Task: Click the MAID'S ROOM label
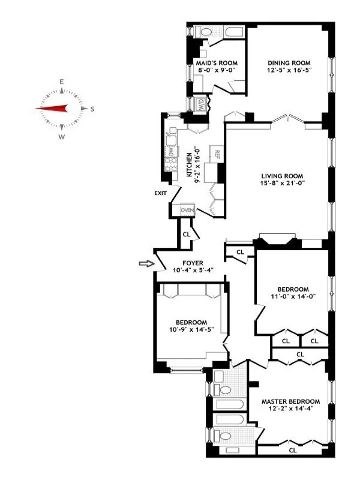[217, 63]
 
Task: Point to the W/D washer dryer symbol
[200, 104]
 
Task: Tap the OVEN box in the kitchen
[187, 211]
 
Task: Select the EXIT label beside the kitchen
[160, 193]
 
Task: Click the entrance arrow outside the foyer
[145, 263]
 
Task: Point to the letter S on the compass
[92, 109]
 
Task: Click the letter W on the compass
[61, 137]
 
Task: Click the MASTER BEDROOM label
[290, 401]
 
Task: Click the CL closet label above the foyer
[187, 234]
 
